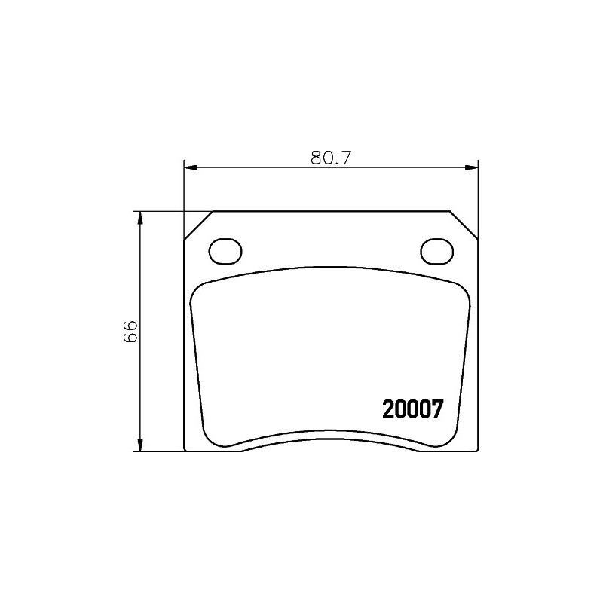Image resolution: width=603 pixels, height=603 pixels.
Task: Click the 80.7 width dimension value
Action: (331, 158)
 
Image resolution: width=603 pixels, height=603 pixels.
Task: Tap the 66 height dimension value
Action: (130, 331)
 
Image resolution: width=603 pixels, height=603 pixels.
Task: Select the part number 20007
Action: (413, 409)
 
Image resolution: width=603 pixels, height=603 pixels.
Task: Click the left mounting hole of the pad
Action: (225, 252)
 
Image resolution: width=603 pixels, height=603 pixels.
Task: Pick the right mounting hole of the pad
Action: (437, 252)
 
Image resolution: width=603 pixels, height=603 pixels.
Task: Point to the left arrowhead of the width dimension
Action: (191, 167)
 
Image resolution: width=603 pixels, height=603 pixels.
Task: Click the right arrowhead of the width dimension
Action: (472, 167)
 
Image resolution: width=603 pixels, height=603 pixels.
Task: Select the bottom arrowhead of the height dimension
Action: (140, 445)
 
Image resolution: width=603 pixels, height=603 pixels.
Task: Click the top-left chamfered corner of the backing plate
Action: (199, 225)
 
